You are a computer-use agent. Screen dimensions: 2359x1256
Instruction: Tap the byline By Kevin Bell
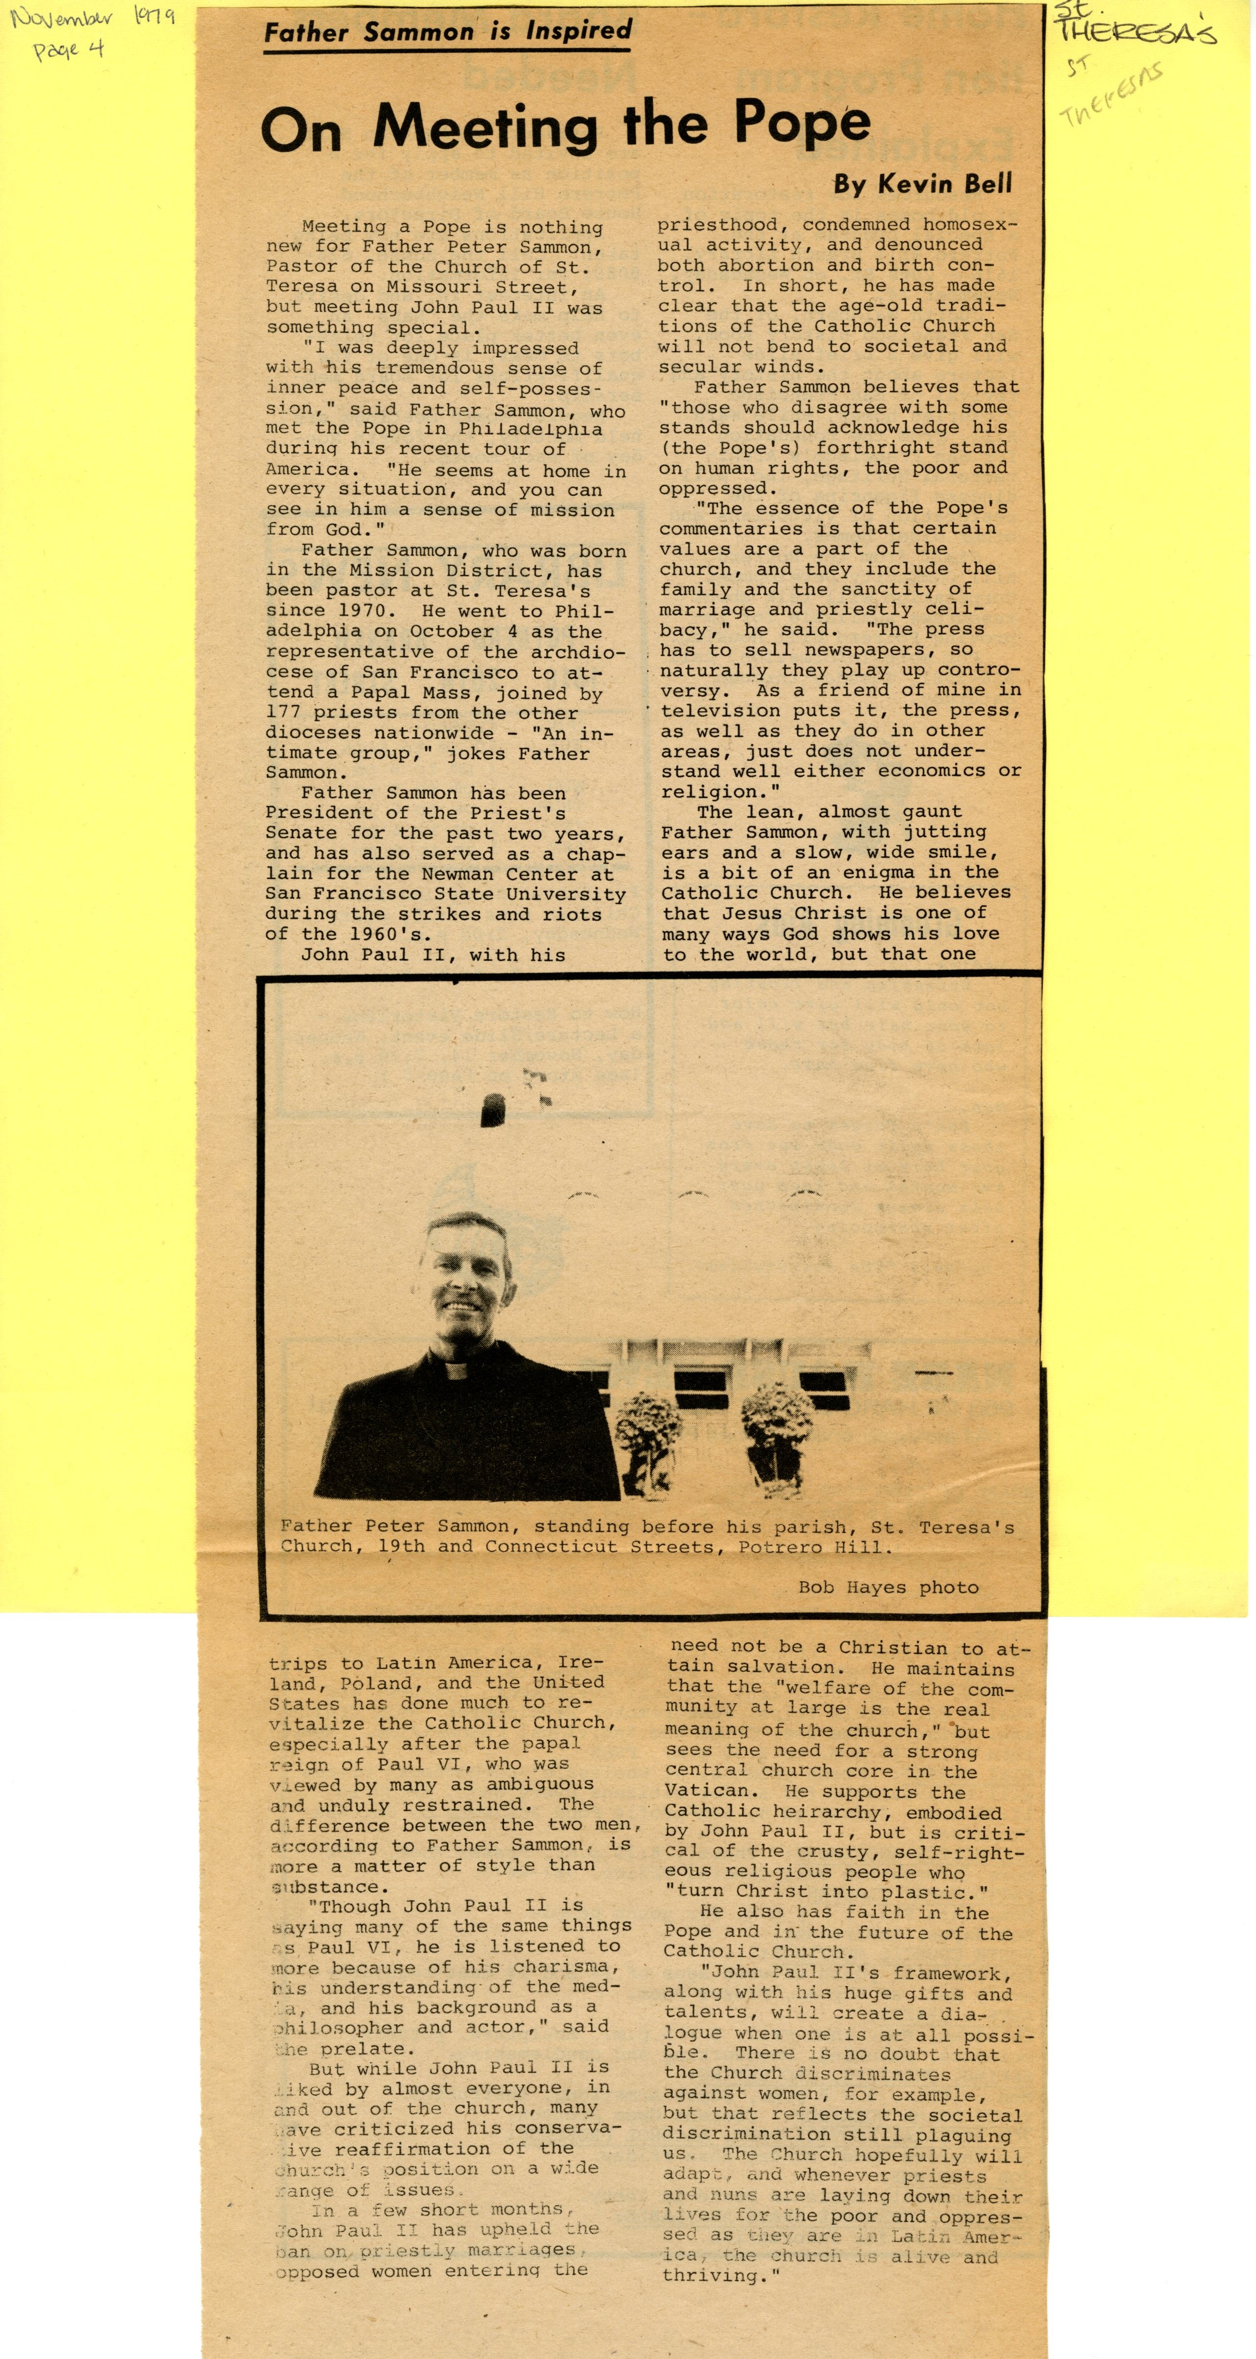coord(922,184)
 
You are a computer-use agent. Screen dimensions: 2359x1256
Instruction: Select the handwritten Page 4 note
coord(69,50)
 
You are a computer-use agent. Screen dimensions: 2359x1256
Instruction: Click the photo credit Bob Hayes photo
coord(888,1587)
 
